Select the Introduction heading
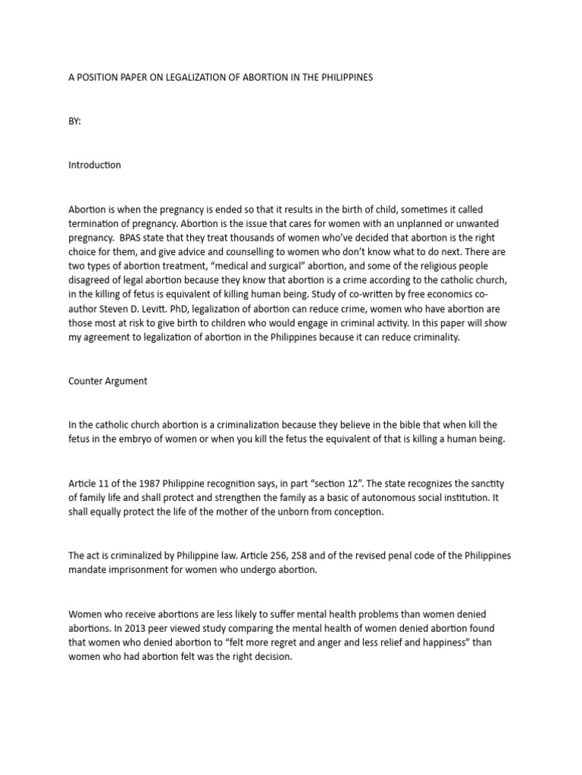click(94, 165)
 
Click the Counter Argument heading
click(108, 381)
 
